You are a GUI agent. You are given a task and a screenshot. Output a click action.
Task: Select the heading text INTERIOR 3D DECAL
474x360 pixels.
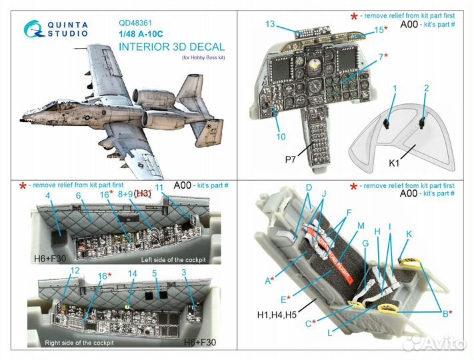[172, 47]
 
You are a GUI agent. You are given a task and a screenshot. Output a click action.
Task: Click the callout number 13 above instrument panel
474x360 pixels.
[269, 24]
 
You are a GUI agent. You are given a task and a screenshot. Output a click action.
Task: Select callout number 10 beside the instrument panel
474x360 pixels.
[281, 137]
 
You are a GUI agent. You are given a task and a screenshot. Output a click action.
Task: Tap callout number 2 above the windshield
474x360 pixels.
[427, 88]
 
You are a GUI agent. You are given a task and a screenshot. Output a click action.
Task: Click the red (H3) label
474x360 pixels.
[143, 193]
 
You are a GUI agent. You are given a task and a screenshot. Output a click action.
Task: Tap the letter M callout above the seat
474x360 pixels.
[361, 226]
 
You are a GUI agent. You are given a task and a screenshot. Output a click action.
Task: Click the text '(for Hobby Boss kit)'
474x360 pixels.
[203, 59]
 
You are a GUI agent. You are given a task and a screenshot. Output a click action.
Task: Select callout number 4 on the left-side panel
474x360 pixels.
[48, 195]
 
